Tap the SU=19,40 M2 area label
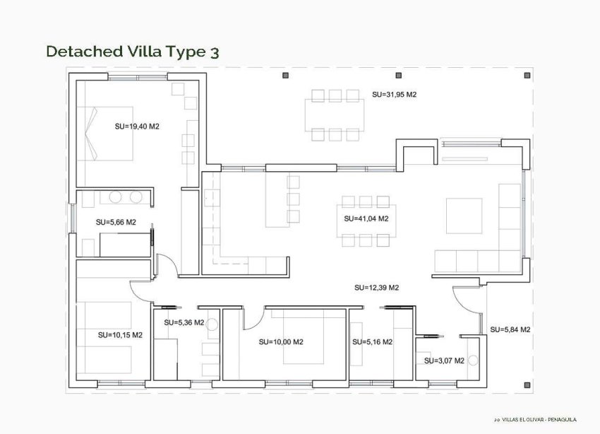click(137, 127)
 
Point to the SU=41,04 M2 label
click(366, 219)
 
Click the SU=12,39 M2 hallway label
click(376, 288)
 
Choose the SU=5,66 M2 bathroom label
click(116, 222)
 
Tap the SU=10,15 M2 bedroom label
click(120, 334)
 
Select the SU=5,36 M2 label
click(184, 323)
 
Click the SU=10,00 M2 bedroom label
click(281, 342)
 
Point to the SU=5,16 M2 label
click(372, 342)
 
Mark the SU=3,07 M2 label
click(444, 360)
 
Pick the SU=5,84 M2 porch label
click(510, 330)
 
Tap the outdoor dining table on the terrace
click(335, 115)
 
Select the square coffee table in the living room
click(464, 216)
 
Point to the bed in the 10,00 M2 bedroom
click(303, 336)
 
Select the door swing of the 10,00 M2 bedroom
click(253, 319)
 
